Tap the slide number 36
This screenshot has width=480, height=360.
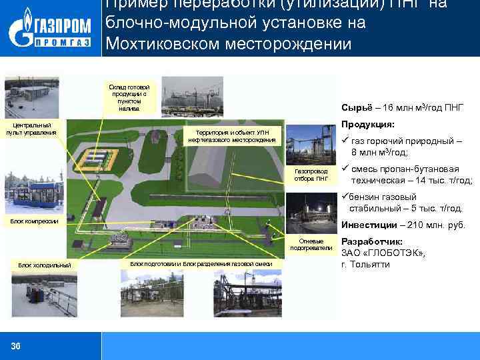(x=16, y=345)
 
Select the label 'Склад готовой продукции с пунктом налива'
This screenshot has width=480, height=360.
(x=131, y=97)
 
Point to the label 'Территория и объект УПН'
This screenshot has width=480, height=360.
(x=232, y=135)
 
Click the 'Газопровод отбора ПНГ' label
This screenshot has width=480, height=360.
(x=311, y=175)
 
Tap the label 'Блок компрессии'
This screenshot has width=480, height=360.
(x=35, y=221)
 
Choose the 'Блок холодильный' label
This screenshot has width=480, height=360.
(x=45, y=265)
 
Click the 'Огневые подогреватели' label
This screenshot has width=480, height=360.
(x=311, y=244)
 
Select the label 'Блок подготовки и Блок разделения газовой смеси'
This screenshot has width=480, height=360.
(x=201, y=264)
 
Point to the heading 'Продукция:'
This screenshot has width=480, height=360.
(x=368, y=125)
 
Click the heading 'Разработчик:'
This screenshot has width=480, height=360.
(x=372, y=241)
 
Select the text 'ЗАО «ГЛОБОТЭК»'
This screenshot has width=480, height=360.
(x=383, y=253)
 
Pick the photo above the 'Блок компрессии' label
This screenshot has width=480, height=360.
(x=33, y=193)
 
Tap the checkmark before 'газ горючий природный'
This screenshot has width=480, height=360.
(x=345, y=141)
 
